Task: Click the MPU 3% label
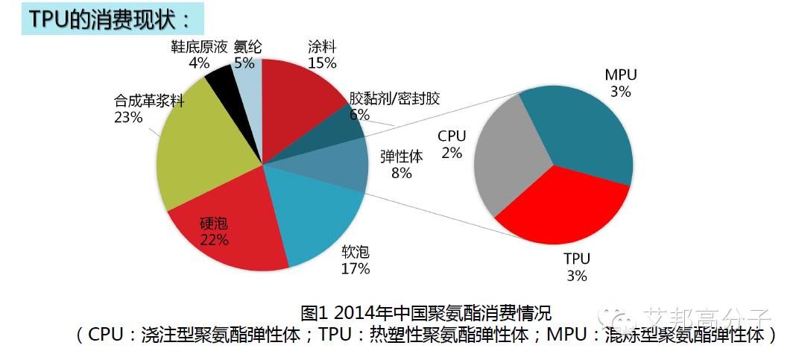click(620, 83)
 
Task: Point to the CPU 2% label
click(452, 145)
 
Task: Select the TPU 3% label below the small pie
click(576, 267)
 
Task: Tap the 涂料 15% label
click(321, 54)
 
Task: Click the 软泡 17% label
click(355, 261)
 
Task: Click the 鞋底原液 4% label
click(199, 54)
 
